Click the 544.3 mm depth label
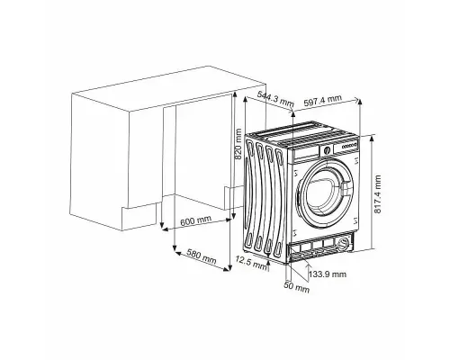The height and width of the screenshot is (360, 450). pos(274,94)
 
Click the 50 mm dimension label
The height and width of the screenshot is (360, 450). pos(296,290)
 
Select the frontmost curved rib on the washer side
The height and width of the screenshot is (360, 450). pos(283,198)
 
